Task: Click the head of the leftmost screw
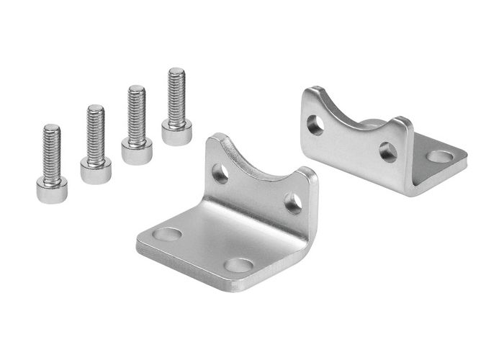point(51,189)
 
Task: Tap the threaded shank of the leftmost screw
point(52,152)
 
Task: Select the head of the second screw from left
point(96,171)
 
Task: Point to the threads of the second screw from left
point(96,132)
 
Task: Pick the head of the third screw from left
point(137,150)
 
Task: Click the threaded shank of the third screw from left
point(136,113)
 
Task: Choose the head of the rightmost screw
point(176,132)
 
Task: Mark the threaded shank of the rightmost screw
point(176,94)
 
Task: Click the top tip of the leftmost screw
point(51,127)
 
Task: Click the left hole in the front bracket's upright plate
point(221,173)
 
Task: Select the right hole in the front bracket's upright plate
point(292,202)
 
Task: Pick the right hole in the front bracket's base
point(238,265)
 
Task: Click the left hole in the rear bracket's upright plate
point(315,125)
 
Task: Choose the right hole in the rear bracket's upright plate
point(387,151)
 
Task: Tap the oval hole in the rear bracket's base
point(439,156)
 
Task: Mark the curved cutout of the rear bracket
point(354,115)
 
